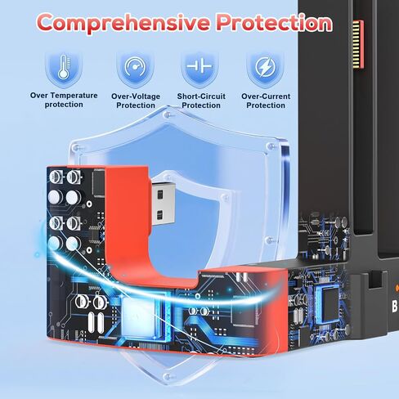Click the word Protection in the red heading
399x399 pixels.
point(275,22)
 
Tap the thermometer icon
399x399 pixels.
point(64,67)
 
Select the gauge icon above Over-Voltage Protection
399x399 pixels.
point(135,67)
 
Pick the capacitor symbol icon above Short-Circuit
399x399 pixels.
point(199,65)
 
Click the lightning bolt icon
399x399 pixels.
point(266,67)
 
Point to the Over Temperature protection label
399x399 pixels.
point(64,100)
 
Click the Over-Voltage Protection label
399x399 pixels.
point(136,101)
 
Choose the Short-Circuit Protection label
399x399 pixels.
point(201,101)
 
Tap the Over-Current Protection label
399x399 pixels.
point(266,101)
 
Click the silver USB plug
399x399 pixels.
point(163,204)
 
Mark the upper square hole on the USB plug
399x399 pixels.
point(160,195)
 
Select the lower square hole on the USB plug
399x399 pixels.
point(160,215)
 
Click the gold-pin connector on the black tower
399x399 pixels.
point(358,44)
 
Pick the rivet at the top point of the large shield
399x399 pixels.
point(168,114)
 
